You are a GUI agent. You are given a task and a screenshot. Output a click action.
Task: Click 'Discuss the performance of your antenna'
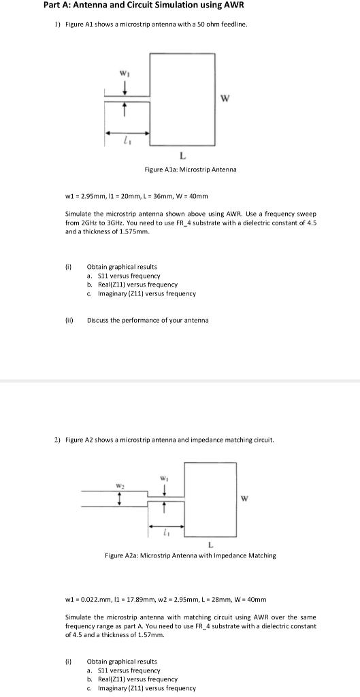(x=148, y=320)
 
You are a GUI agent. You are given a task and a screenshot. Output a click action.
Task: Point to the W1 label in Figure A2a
(x=164, y=478)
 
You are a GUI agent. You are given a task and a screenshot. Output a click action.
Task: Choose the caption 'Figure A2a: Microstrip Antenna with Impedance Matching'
(x=190, y=555)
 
